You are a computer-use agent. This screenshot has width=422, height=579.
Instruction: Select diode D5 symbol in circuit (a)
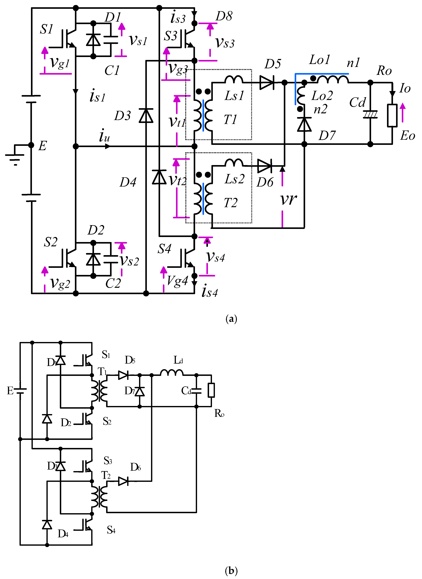(x=266, y=83)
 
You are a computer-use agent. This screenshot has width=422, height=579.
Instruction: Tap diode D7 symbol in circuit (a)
(x=304, y=124)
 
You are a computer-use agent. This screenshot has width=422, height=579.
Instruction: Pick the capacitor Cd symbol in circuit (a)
(x=370, y=114)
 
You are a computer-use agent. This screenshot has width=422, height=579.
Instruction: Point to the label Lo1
(x=319, y=60)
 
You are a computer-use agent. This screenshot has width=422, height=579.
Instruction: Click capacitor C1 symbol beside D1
(x=111, y=40)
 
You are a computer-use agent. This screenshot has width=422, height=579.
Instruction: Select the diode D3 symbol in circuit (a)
(x=146, y=116)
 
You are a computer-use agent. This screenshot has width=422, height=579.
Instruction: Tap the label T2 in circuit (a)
(x=230, y=203)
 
